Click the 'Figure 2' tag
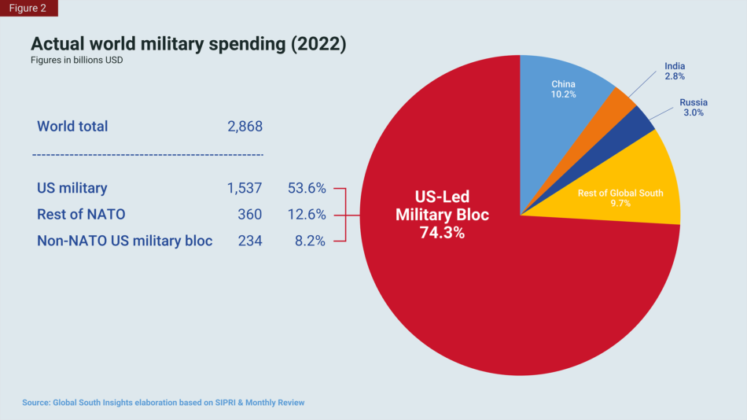28,9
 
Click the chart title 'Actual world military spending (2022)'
188,44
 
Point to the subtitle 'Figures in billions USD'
76,61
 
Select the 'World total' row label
72,127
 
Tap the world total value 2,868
244,127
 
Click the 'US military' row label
72,189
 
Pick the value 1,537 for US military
244,189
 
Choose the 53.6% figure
307,189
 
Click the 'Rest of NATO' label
81,215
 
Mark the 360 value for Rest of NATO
250,215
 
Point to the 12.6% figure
307,215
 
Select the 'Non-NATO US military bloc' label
125,241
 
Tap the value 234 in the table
250,241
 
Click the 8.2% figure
310,241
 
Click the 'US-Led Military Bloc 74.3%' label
442,215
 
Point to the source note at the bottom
164,403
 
